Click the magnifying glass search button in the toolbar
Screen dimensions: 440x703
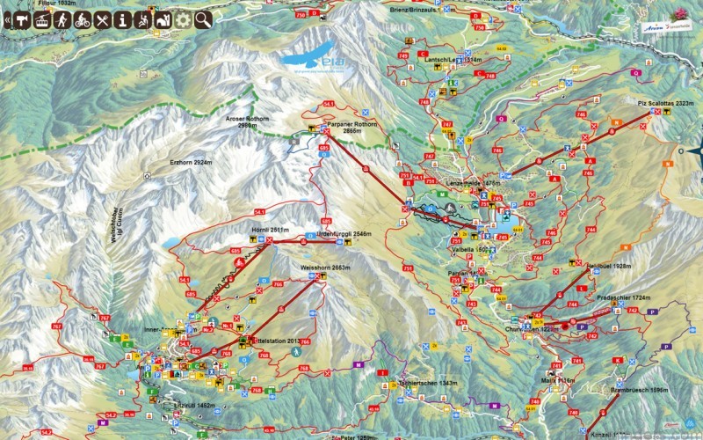point(204,19)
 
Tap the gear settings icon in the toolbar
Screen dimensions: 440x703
point(183,19)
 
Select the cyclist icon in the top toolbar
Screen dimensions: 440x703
point(82,19)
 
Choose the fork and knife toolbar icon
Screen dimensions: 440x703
point(102,19)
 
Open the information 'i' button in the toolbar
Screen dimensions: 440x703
point(122,19)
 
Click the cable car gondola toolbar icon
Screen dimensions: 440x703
point(21,19)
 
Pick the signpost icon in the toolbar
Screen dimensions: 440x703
point(41,19)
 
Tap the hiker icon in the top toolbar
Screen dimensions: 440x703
point(62,19)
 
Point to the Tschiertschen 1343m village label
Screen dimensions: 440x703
point(427,384)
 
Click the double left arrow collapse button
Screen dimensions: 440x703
point(7,19)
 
